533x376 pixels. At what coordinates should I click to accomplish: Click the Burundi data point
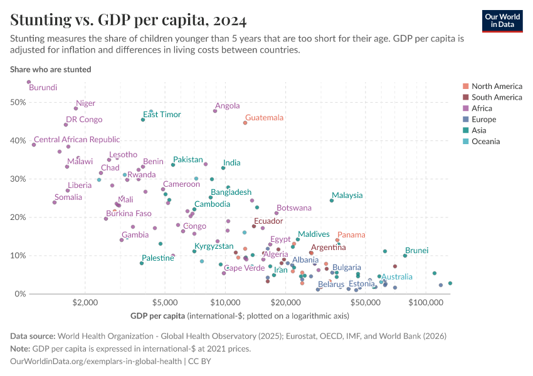click(x=29, y=82)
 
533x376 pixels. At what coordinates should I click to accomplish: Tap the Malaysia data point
click(x=332, y=200)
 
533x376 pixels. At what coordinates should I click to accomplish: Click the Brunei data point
click(x=405, y=256)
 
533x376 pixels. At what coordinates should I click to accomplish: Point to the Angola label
click(x=228, y=106)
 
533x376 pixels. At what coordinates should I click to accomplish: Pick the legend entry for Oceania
click(x=486, y=142)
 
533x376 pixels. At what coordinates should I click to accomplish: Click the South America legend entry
click(x=496, y=97)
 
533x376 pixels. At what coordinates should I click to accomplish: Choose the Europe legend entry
click(x=483, y=119)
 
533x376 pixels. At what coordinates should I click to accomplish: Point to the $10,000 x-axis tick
click(x=225, y=303)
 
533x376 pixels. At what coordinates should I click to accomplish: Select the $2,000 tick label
click(x=85, y=303)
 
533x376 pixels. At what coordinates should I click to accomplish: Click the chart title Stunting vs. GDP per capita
click(x=128, y=20)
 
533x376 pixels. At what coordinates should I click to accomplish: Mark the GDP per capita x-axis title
click(x=157, y=315)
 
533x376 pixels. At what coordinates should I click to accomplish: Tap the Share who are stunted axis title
click(x=51, y=70)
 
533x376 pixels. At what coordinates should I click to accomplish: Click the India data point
click(x=223, y=168)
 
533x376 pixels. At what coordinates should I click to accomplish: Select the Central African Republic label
click(x=77, y=140)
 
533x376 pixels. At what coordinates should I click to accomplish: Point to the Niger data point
click(x=76, y=108)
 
